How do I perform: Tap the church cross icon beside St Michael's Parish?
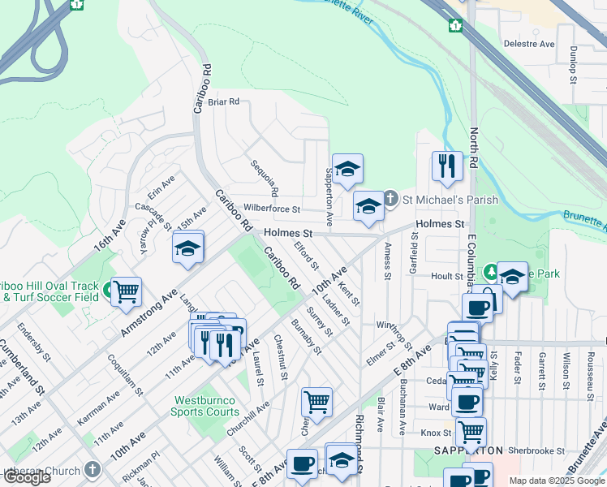coord(390,198)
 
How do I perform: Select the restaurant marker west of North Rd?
coord(447,166)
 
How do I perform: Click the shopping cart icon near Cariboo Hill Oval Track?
coord(126,291)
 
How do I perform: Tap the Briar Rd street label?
coord(223,102)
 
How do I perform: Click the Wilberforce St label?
coord(272,209)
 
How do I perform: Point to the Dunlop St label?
coord(572,64)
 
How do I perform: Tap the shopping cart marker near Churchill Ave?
coord(316,402)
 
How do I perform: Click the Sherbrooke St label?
coord(536,450)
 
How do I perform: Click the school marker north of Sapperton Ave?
coord(347,169)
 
